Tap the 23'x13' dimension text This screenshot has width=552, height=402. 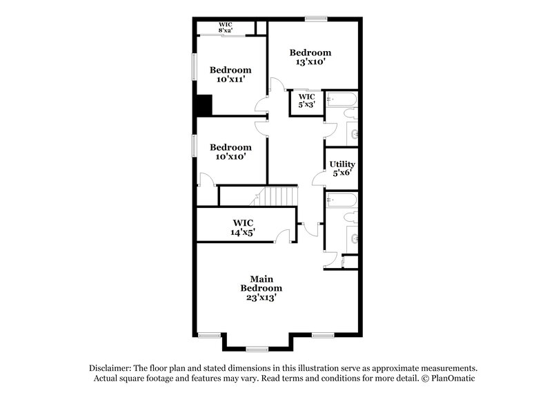coord(262,297)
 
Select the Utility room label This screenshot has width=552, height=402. coord(341,164)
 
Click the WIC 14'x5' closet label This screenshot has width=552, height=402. coord(243,227)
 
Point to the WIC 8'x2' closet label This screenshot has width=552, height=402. coord(226,28)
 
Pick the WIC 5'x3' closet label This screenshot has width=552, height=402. coord(306,101)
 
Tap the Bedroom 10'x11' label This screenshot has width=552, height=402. coord(230,74)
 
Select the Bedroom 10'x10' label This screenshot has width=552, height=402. coord(230,151)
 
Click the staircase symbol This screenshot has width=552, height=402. coord(274,195)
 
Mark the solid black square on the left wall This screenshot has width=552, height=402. coord(204,106)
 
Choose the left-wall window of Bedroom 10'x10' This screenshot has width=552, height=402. coord(194,146)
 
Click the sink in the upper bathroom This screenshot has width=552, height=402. coord(355,133)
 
